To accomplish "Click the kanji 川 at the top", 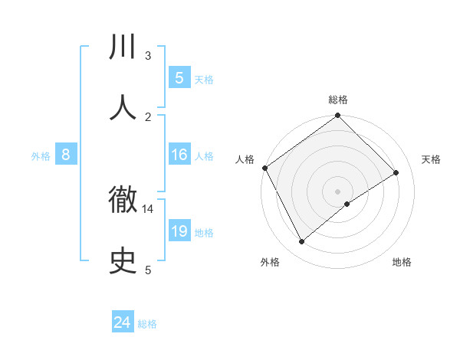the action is [123, 47].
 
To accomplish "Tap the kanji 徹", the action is [123, 201].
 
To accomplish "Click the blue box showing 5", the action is [179, 77].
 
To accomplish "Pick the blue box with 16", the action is [179, 155].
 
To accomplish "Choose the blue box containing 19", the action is [179, 231].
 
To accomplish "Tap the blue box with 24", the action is [122, 323].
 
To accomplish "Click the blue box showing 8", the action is [66, 155].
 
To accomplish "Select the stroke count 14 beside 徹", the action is [148, 208].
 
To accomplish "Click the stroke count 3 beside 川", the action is [148, 55].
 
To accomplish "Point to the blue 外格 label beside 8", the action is [41, 156].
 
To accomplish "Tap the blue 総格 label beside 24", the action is [147, 325].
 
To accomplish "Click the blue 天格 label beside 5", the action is [204, 79].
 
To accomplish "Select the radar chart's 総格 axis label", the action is [337, 100].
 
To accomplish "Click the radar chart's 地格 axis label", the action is [402, 262].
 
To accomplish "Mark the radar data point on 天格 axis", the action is [396, 173].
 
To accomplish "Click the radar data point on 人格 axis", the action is [264, 168].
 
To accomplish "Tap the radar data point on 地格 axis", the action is [347, 204].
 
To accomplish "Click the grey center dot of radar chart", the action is [337, 191].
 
